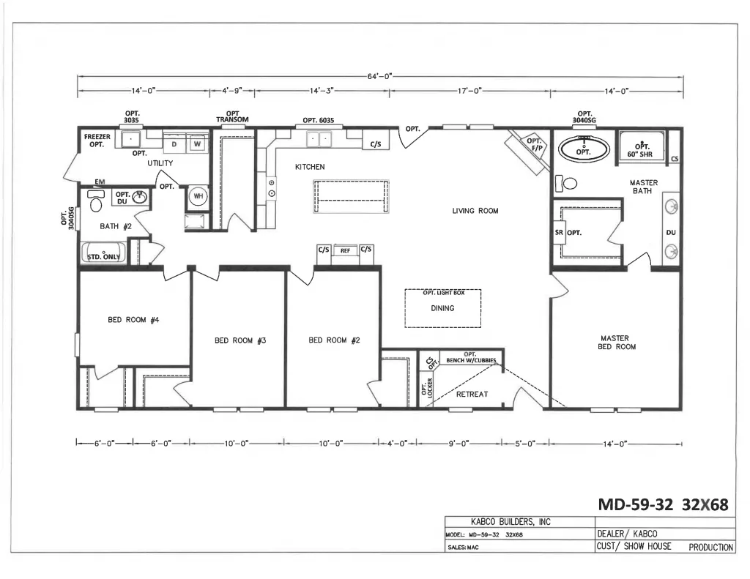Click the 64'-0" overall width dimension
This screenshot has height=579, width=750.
click(x=380, y=75)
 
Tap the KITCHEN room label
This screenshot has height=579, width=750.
click(x=310, y=167)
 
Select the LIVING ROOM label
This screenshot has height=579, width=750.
click(x=475, y=211)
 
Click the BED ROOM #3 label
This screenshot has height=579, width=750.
click(x=239, y=340)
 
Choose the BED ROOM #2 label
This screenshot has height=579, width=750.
click(x=334, y=340)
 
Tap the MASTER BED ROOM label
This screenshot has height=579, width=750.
click(x=617, y=343)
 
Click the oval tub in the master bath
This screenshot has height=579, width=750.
click(x=584, y=149)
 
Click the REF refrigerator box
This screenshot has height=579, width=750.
click(x=345, y=250)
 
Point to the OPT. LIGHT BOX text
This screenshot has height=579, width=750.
click(x=443, y=293)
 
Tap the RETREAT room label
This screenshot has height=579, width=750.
click(x=472, y=395)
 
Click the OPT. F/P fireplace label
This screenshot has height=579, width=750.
click(x=534, y=145)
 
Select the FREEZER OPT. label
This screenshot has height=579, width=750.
click(x=97, y=141)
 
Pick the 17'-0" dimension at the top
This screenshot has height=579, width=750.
click(x=469, y=91)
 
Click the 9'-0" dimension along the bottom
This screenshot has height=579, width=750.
click(x=458, y=444)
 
